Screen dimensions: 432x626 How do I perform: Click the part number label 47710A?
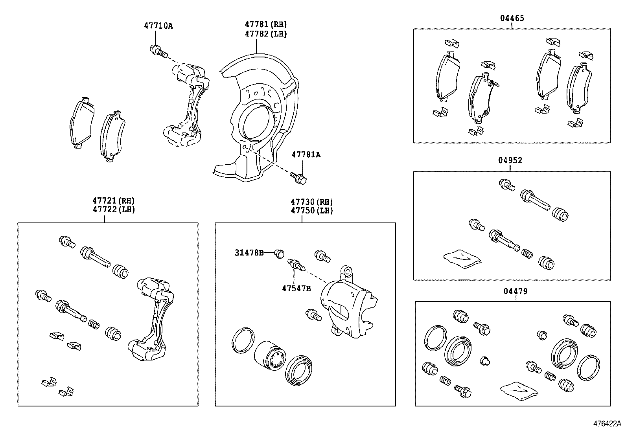158,26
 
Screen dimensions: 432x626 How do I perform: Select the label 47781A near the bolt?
306,155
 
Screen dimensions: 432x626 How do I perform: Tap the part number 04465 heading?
512,18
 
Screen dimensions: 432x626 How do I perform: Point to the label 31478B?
249,253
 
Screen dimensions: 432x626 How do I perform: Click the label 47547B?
296,289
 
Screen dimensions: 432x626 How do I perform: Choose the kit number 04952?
510,160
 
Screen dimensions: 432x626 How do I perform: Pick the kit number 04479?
516,291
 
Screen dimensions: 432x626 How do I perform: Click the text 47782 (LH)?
266,34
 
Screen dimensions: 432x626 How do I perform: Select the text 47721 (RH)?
114,201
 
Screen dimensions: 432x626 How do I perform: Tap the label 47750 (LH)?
311,210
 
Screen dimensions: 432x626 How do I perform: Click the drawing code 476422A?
607,424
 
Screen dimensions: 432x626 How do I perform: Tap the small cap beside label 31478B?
279,254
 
